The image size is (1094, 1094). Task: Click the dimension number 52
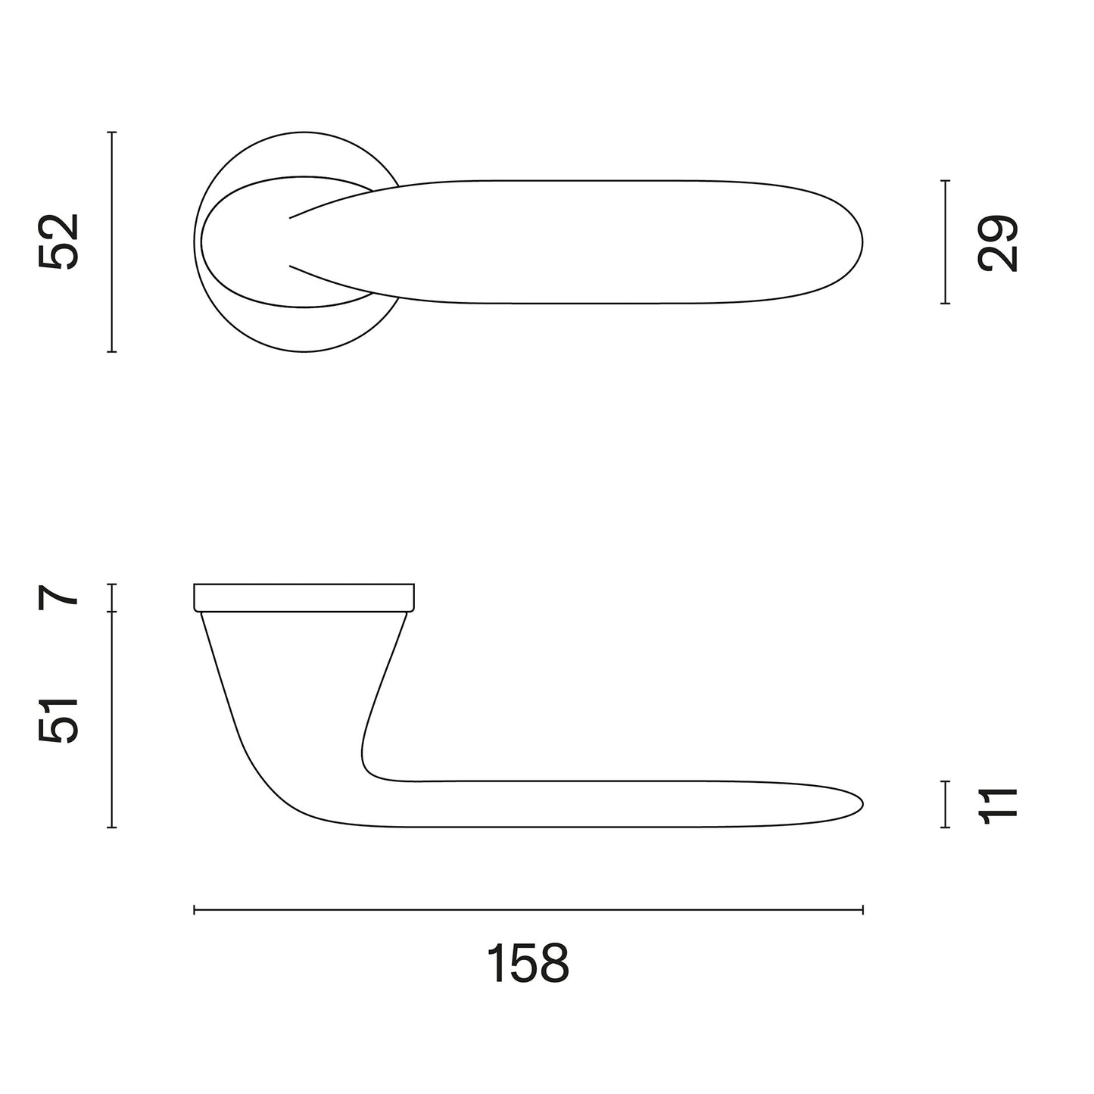[x=58, y=242]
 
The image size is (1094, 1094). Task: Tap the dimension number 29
[x=998, y=243]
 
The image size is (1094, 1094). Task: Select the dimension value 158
[x=528, y=963]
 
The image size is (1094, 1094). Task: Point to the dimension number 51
[x=58, y=720]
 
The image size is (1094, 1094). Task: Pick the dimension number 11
[x=998, y=805]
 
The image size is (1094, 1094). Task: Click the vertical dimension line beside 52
[x=112, y=242]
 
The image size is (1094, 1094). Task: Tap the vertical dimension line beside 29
[x=945, y=242]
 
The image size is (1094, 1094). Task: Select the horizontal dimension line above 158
[x=528, y=910]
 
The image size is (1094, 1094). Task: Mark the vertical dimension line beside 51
[x=112, y=720]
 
